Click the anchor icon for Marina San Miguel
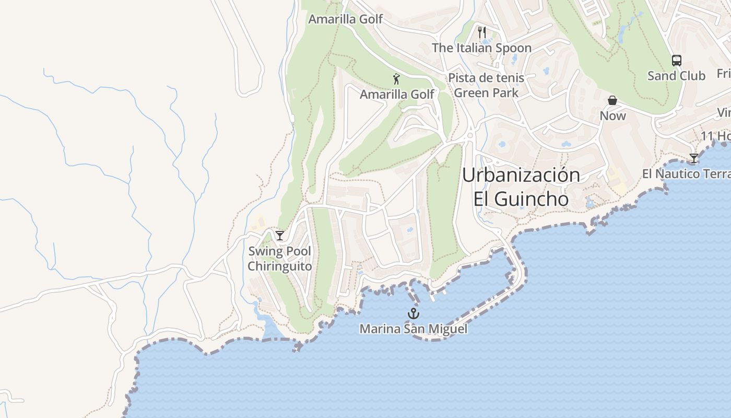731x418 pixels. pos(414,313)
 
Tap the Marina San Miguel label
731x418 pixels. pos(414,329)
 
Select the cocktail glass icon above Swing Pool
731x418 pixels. pos(280,235)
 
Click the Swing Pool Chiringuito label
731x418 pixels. pos(279,259)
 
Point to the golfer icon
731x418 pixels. pos(396,79)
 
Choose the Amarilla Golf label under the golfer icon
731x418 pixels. pos(397,94)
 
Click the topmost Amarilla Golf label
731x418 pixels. pos(345,19)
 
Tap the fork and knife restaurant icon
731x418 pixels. pos(482,32)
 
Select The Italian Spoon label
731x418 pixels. pos(481,48)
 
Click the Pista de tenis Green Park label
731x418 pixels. pos(486,85)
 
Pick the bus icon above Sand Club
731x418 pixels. pos(677,61)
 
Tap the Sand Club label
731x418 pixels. pos(676,76)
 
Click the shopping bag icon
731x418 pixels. pos(612,100)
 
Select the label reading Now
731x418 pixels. pos(612,115)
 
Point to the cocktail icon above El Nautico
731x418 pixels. pos(694,158)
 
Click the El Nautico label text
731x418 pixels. pos(686,174)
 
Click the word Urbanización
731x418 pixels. pos(521,175)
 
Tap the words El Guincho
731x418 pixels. pos(521,199)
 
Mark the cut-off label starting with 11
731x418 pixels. pos(715,136)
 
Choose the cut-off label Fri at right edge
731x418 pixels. pos(724,73)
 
